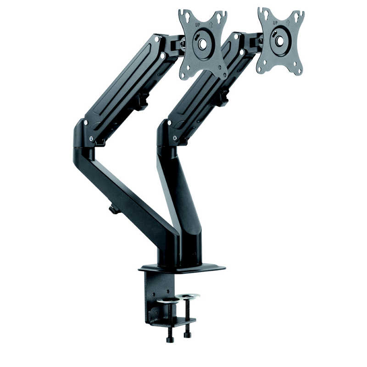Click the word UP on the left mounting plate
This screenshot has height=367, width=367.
pos(198,25)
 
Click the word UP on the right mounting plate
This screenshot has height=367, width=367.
pos(276,22)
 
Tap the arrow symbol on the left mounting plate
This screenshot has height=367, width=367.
pos(211,24)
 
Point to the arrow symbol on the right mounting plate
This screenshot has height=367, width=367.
pos(288,22)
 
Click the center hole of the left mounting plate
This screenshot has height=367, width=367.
pos(203,44)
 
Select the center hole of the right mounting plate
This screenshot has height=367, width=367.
pos(280,41)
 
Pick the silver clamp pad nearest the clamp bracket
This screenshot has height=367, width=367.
pos(167,300)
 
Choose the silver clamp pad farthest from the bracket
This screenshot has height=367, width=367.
pos(189,296)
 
